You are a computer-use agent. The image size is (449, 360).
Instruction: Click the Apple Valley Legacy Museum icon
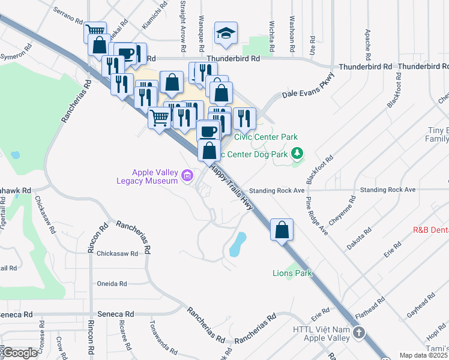[x=187, y=176]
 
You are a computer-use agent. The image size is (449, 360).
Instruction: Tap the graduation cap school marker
[x=226, y=34]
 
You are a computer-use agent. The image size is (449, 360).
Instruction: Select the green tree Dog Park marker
[x=295, y=154]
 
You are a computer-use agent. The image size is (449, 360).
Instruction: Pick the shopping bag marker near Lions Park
[x=282, y=229]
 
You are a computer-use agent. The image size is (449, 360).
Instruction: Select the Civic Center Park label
[x=265, y=137]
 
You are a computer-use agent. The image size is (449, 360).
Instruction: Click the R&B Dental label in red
[x=430, y=230]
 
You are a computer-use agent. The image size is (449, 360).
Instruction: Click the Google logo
[x=19, y=353]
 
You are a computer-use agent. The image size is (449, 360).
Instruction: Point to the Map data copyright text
[x=423, y=355]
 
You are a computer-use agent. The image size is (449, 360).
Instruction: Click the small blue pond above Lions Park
[x=238, y=243]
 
